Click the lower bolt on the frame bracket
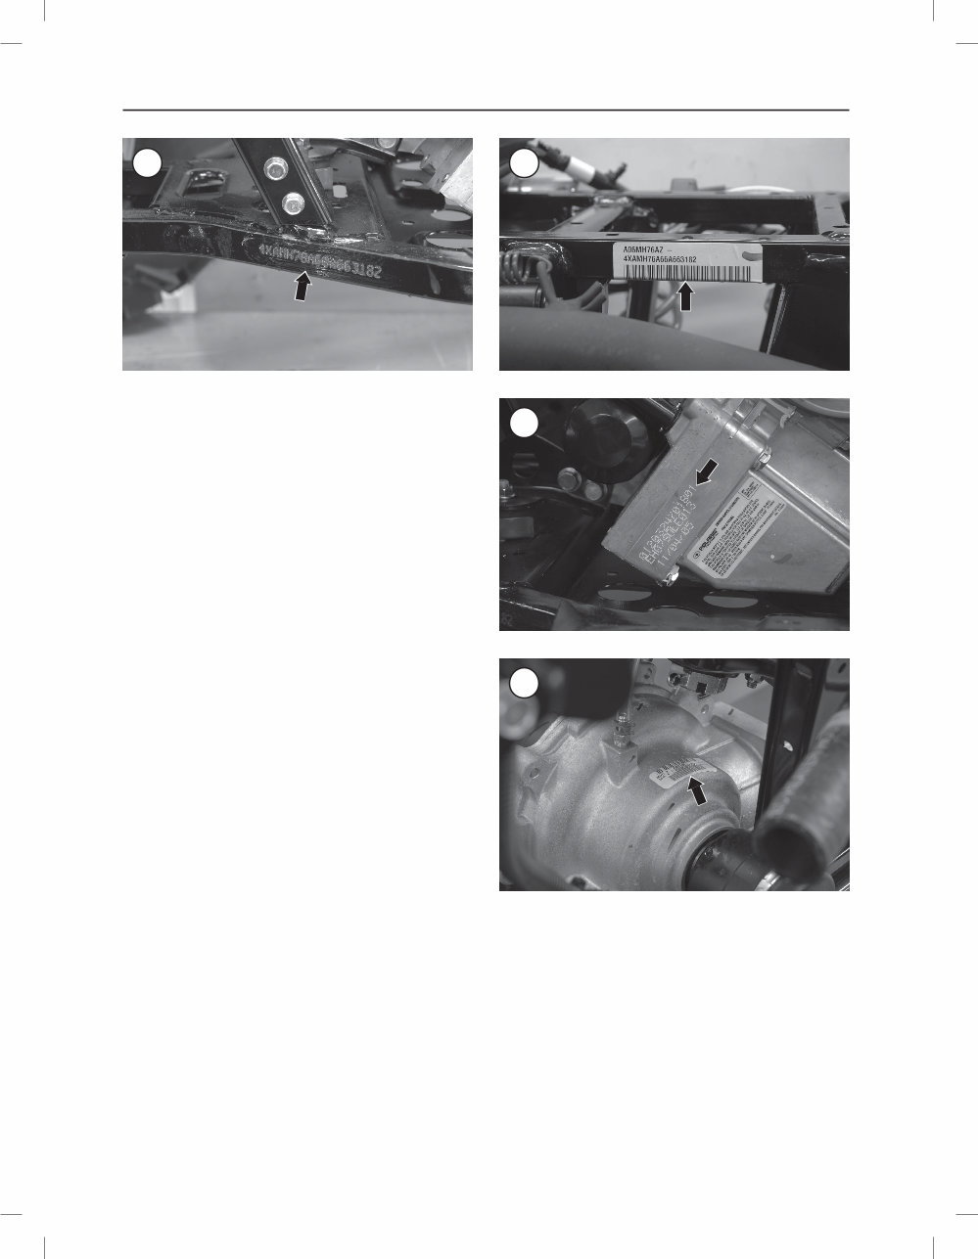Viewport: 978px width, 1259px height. point(292,204)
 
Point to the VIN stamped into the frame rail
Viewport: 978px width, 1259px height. point(319,259)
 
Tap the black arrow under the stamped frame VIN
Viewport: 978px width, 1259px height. point(304,286)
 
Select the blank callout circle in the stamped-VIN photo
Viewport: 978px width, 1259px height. point(146,163)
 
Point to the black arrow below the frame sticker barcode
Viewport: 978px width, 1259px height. point(686,295)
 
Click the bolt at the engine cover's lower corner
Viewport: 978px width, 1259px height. point(671,579)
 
